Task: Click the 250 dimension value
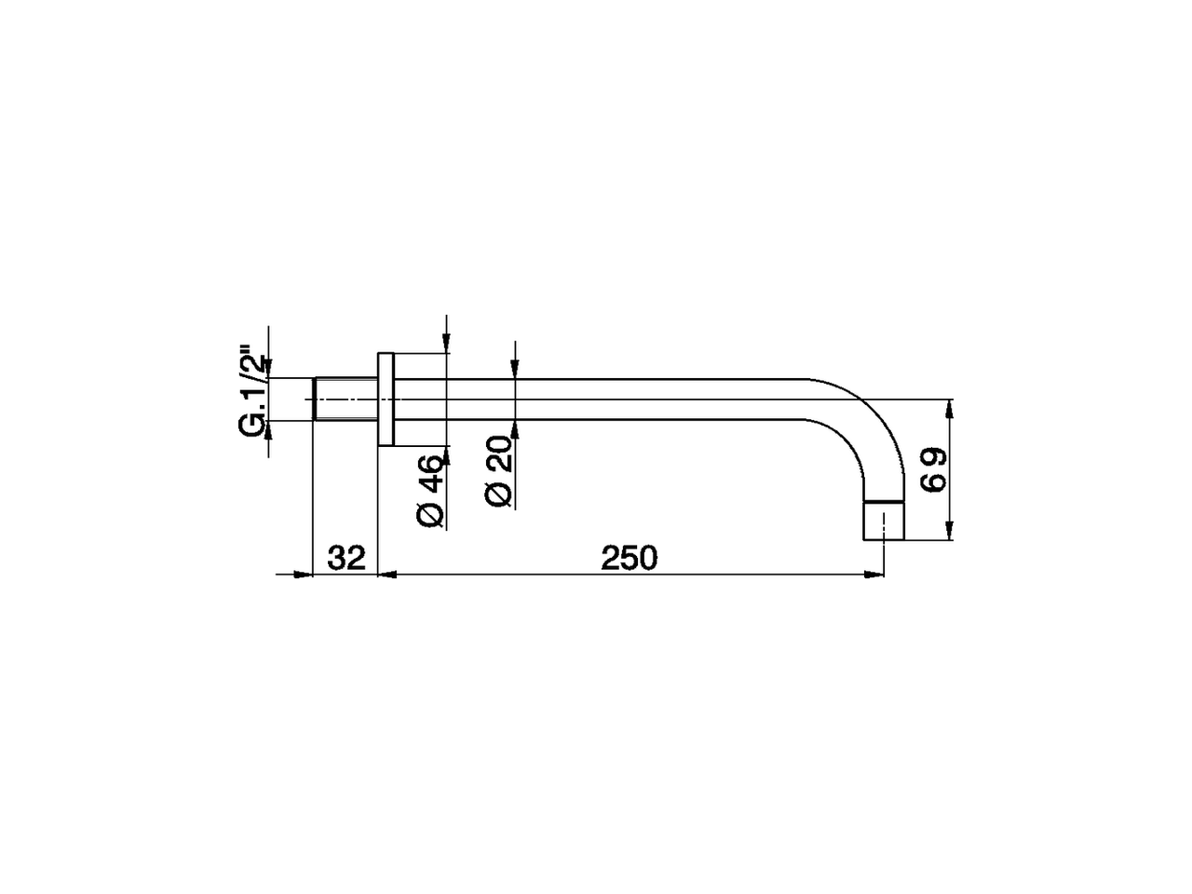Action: click(630, 558)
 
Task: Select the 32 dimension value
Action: click(345, 558)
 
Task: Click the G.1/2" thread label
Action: click(252, 394)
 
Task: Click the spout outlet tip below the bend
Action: click(884, 521)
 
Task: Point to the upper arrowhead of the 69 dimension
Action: click(950, 408)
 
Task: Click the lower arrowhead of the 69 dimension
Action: click(950, 532)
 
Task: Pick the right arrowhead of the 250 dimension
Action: click(875, 575)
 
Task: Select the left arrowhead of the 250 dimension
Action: click(387, 575)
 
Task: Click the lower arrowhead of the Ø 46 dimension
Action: click(447, 455)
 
